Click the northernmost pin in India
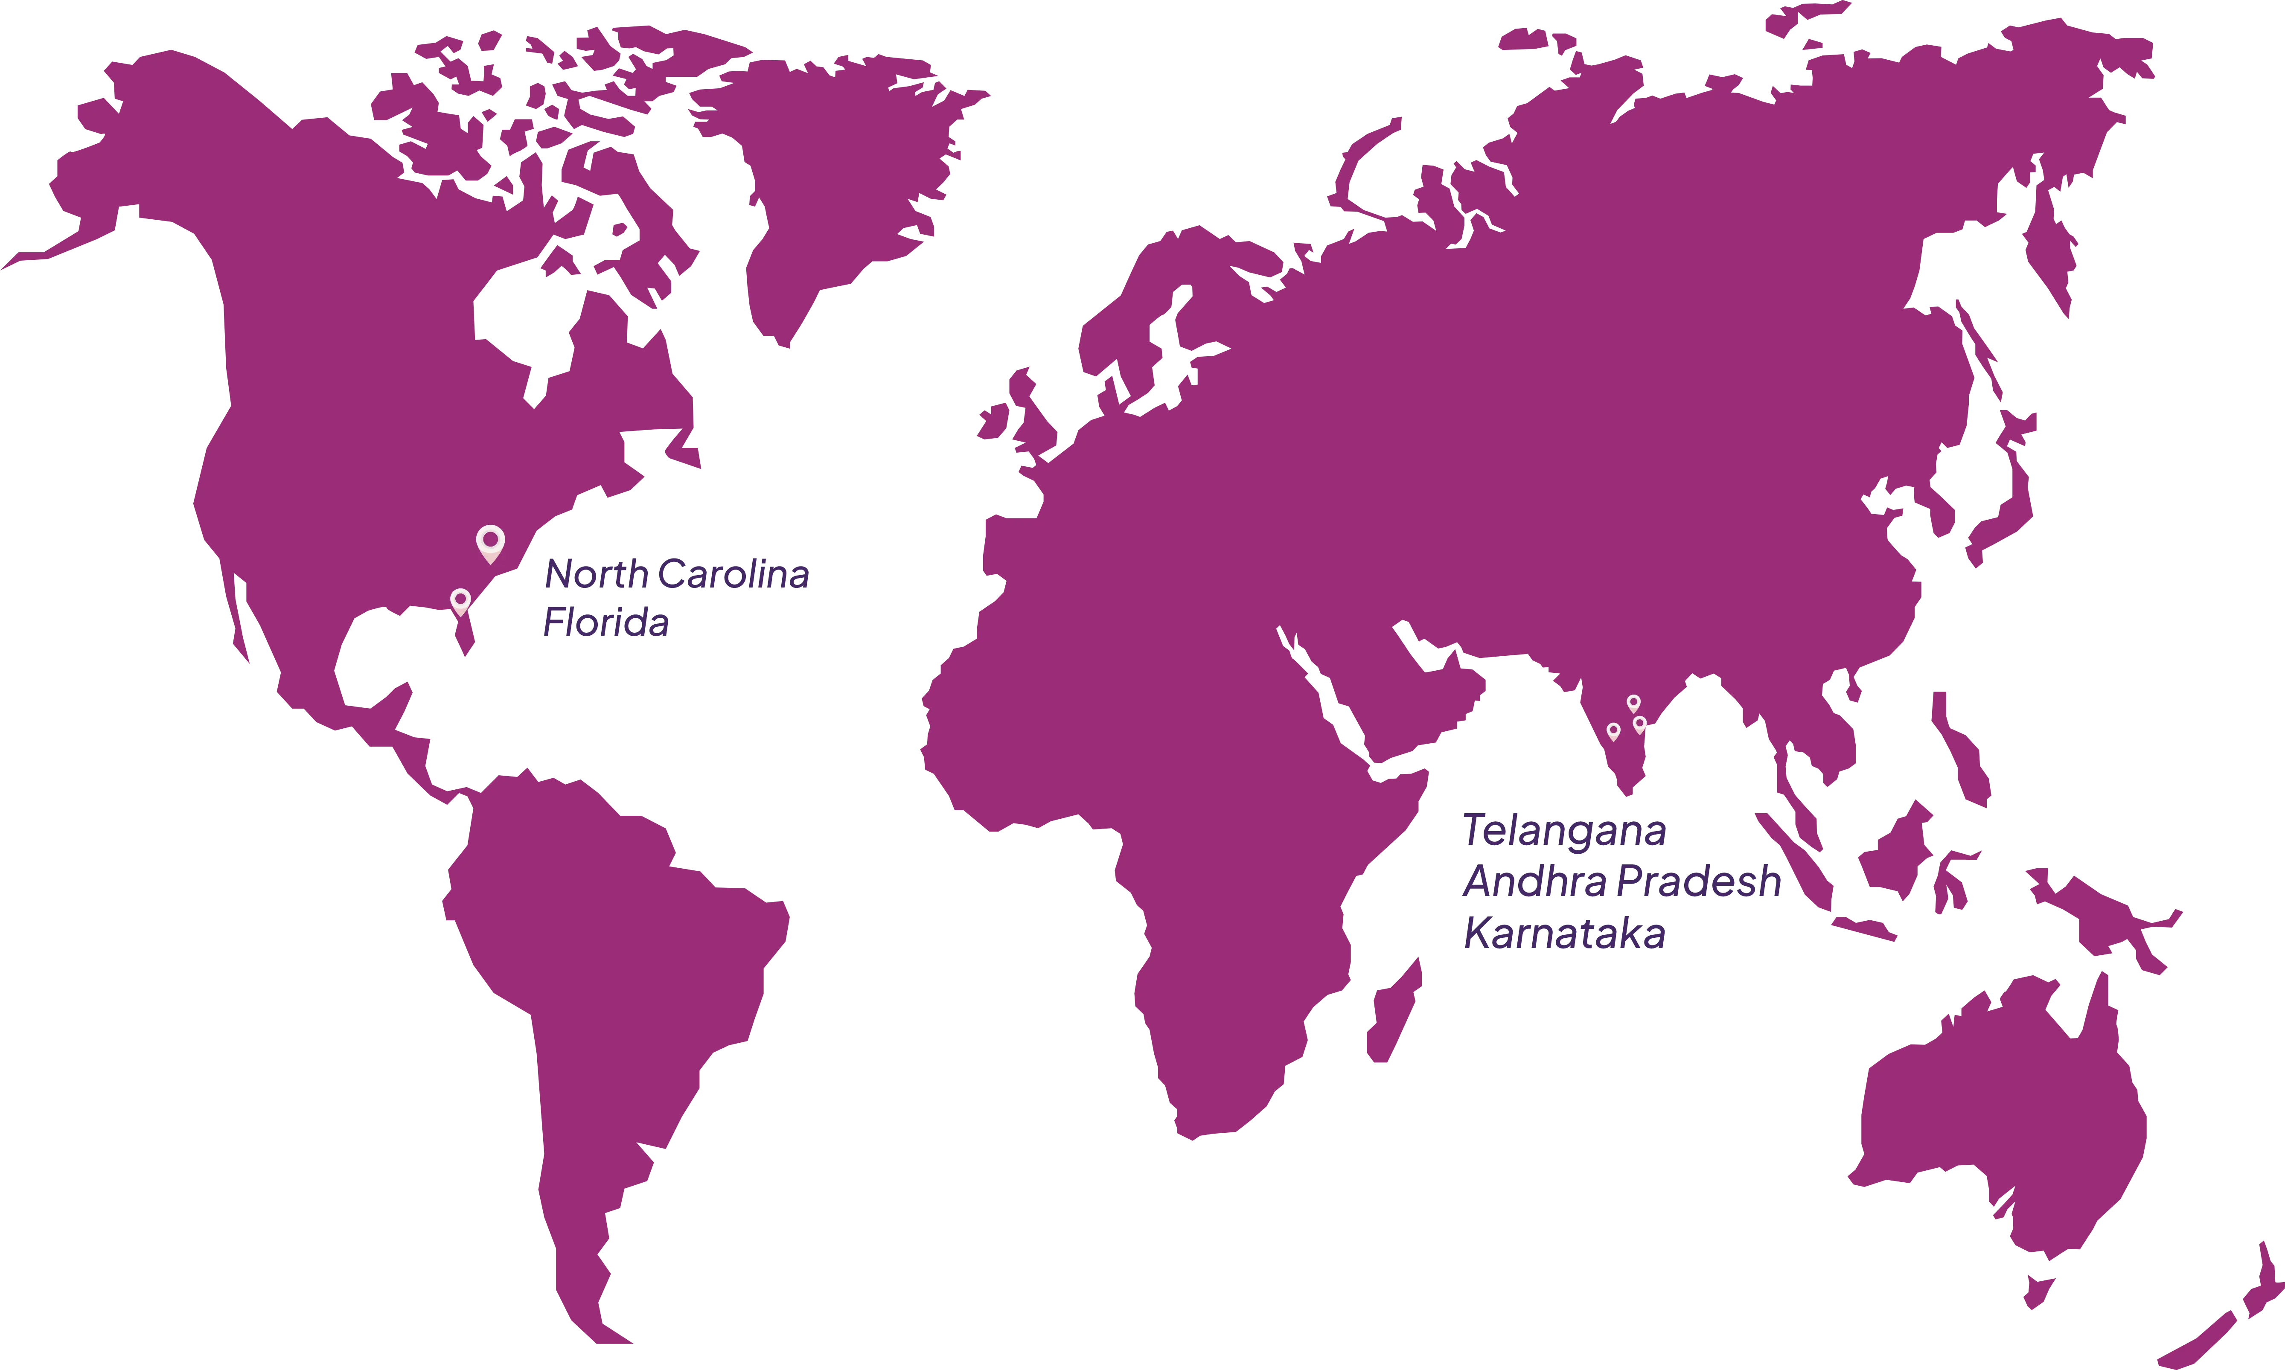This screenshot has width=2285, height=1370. point(1633,704)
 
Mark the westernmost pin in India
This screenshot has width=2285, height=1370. point(1613,731)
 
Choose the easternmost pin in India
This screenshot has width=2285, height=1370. point(1640,724)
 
